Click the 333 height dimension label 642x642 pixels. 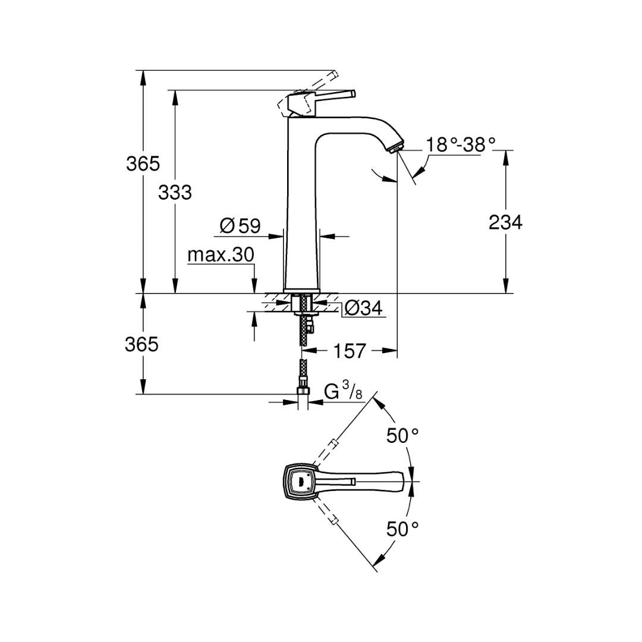175,193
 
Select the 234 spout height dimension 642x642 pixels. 506,222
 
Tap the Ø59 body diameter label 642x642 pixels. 240,226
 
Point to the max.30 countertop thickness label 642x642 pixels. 221,254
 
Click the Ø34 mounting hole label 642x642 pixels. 364,308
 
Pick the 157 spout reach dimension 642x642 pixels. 350,351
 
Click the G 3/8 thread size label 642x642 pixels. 343,391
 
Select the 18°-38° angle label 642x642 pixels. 461,144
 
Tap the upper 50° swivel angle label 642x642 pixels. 402,436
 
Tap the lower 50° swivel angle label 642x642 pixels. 402,529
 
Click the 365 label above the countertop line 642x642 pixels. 143,164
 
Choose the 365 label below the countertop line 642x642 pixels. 141,344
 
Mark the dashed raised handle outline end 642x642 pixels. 334,74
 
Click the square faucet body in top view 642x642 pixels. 301,481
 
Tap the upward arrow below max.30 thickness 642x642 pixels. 254,326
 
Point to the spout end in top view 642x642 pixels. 408,481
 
